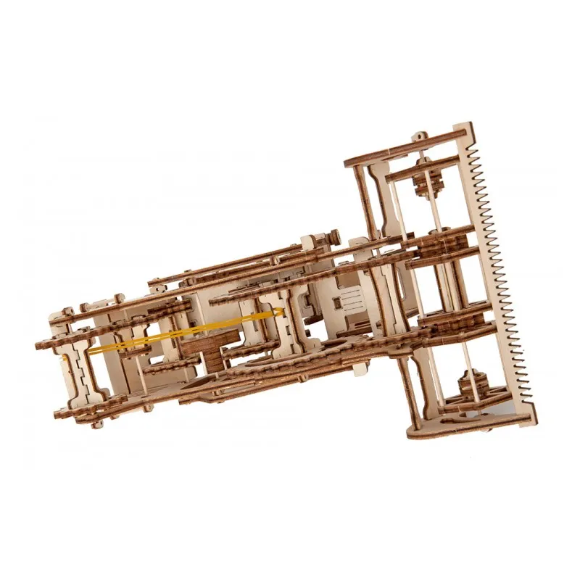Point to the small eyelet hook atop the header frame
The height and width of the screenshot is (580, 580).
click(421, 136)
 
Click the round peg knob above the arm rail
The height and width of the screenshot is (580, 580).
click(335, 236)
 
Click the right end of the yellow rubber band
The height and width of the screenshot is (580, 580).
click(281, 313)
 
